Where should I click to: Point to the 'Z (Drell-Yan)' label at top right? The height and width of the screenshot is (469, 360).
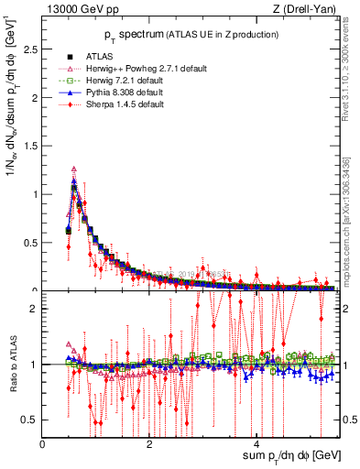point(307,7)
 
